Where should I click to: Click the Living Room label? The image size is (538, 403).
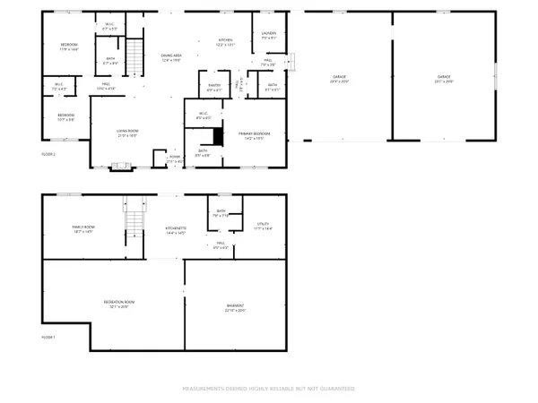pos(126,133)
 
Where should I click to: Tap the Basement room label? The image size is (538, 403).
pos(235,307)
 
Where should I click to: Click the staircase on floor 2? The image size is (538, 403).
pos(133,57)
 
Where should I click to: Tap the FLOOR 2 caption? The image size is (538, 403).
pos(48,155)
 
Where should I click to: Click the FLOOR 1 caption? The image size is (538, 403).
pos(48,337)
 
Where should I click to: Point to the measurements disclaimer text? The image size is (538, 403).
pos(269,389)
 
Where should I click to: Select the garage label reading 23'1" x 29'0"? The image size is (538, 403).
pos(443,79)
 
